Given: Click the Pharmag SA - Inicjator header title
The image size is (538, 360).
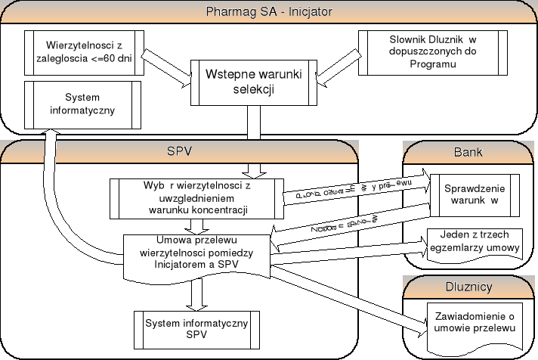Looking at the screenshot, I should [269, 13].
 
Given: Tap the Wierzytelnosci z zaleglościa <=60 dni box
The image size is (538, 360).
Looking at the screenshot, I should [84, 52].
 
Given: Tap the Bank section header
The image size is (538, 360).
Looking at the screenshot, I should [468, 152].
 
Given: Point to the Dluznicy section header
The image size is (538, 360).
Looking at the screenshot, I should [469, 287].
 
